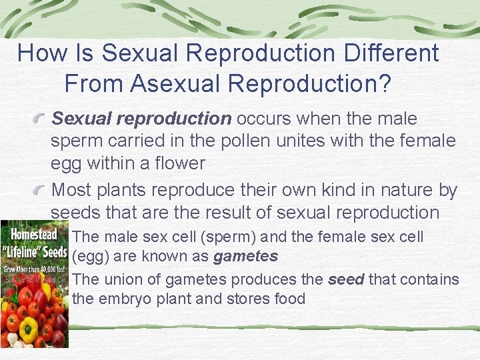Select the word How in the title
39,53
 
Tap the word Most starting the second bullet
74,190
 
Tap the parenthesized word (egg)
91,256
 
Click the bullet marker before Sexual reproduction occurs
42,119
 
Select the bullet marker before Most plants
42,190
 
